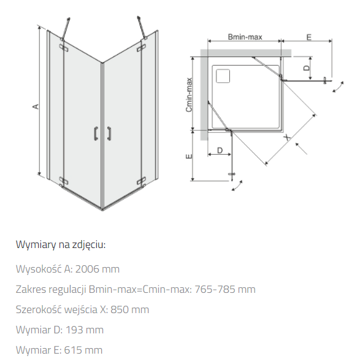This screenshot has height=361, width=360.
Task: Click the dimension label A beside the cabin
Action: [x=36, y=107]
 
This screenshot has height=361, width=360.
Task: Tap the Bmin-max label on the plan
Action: [x=245, y=37]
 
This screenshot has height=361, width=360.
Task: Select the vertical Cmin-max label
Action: [x=189, y=95]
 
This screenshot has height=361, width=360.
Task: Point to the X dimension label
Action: [x=287, y=138]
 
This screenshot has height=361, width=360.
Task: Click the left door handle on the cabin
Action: [x=96, y=133]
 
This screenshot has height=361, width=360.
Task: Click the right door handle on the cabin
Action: [x=109, y=133]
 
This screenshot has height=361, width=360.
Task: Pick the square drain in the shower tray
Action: [x=223, y=76]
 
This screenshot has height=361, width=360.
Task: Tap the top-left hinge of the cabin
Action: [x=64, y=47]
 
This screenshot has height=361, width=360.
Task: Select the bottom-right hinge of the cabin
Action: [x=141, y=180]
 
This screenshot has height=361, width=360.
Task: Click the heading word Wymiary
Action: [x=36, y=244]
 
